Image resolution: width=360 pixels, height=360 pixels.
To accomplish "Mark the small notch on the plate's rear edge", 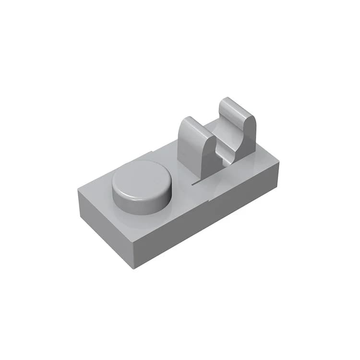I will [152, 153].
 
